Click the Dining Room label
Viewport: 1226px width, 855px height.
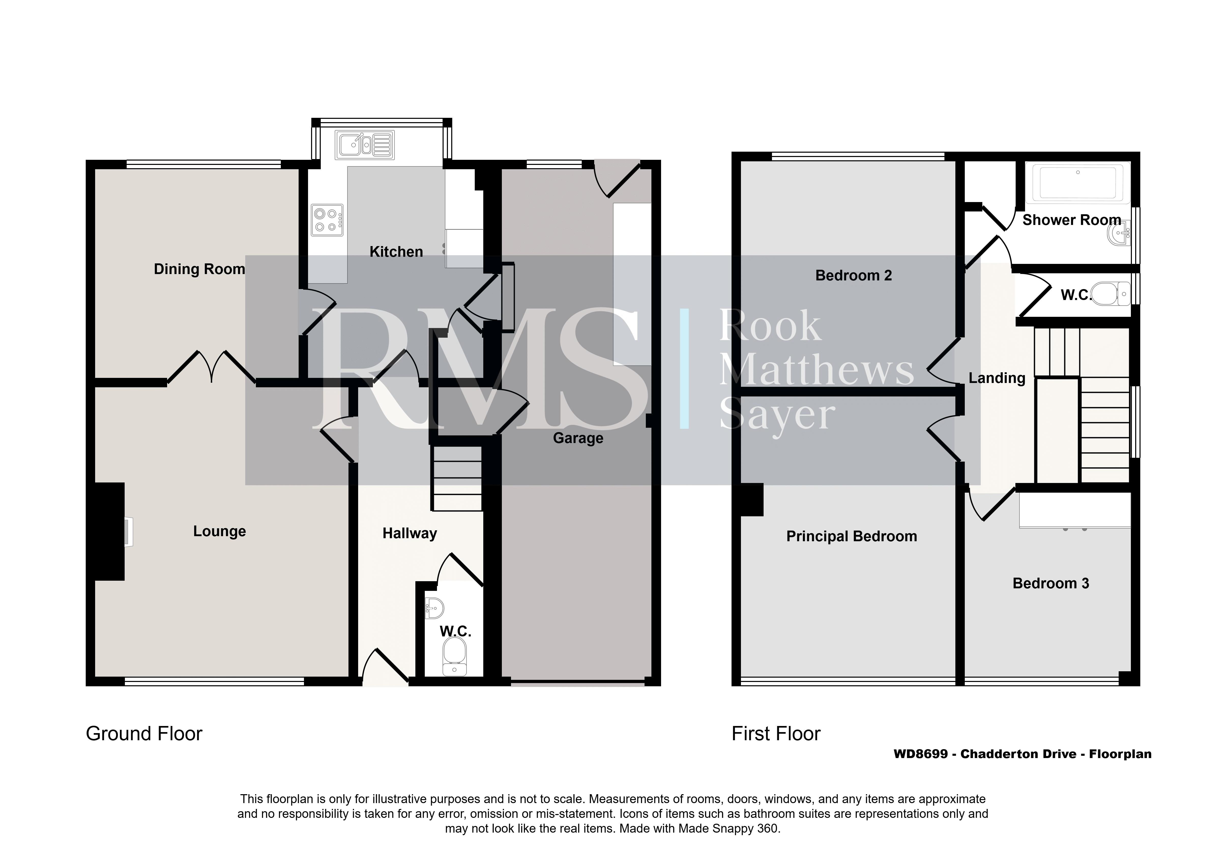199,269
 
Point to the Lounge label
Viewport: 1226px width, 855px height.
220,531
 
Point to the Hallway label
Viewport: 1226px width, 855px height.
410,534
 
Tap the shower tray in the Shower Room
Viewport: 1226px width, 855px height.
1078,183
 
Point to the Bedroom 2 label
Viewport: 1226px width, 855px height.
853,276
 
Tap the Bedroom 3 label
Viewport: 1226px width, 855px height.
1050,583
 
